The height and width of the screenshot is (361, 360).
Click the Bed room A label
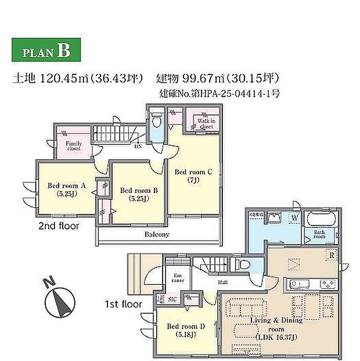67,190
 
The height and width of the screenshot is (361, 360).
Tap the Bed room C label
194,176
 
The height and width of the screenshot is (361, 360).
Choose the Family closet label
74,145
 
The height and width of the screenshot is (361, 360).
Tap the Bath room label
321,235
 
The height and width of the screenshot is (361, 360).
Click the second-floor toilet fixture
155,122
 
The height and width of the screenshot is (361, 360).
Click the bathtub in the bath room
320,220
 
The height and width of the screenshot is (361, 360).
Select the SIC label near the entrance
172,299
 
